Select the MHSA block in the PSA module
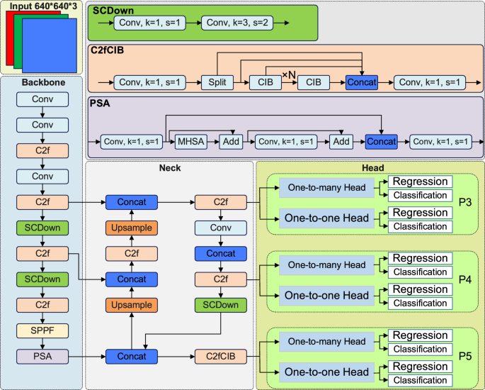tap(192, 142)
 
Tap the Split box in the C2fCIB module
tap(216, 82)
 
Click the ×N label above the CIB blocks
tap(289, 74)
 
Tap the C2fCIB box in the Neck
tap(220, 355)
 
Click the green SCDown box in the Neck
tap(220, 304)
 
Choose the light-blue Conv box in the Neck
tap(220, 228)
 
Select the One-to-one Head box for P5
tap(326, 372)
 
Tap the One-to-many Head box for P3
tap(326, 188)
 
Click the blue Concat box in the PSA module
tap(382, 142)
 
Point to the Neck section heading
tap(169, 169)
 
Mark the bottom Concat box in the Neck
tap(132, 355)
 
